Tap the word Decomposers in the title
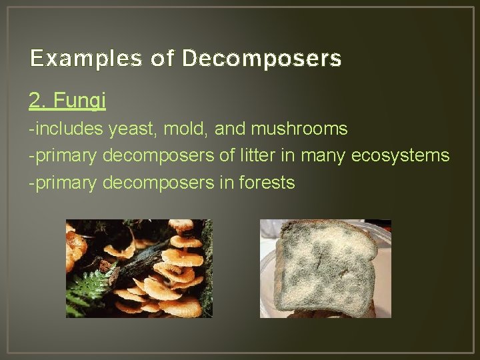[261, 59]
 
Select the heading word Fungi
[79, 101]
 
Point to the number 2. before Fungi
[37, 101]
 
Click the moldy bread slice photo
[325, 268]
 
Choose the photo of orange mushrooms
[139, 268]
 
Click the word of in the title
[163, 59]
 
